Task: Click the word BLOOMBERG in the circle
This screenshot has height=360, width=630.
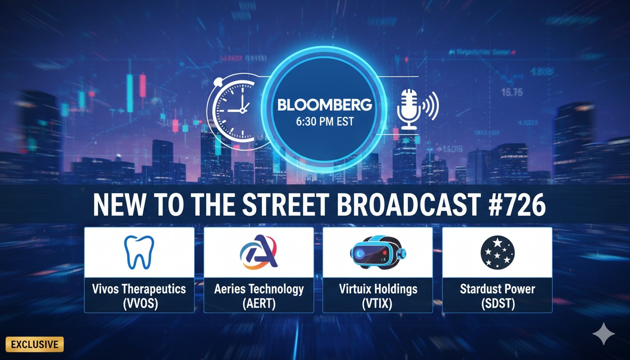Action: point(324,105)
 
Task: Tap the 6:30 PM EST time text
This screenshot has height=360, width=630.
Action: point(324,121)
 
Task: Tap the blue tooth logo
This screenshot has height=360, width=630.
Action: point(139,252)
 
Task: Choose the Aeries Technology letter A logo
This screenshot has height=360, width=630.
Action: point(259,252)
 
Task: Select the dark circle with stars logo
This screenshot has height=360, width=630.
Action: point(497,252)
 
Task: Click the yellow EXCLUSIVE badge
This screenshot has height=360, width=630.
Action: point(34,345)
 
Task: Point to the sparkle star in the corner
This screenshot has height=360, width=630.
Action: point(603,334)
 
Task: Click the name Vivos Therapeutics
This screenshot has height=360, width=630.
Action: point(139,289)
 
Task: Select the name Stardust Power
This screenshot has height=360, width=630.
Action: point(497,289)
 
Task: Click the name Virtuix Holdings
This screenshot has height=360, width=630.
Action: point(378,289)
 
